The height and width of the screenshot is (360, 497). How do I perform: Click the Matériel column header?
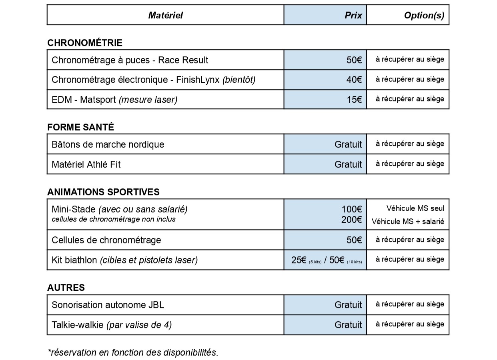165,15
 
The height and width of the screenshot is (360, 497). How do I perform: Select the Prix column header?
353,15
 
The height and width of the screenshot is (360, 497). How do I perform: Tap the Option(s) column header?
424,15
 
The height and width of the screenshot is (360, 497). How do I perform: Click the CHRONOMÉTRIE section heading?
85,43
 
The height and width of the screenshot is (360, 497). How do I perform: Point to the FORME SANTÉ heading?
80,127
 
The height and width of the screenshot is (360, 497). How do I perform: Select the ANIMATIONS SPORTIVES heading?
103,192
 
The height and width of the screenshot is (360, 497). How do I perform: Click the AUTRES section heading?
66,288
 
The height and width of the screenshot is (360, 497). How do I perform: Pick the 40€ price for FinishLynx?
354,80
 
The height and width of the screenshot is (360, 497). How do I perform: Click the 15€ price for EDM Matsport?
354,100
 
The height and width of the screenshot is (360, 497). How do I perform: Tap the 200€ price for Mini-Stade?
351,220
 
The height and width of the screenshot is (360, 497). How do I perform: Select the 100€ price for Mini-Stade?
351,209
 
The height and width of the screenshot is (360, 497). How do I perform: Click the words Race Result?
183,60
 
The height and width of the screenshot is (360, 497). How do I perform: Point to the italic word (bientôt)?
239,80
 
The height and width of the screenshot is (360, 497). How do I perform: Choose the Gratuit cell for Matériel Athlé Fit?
348,164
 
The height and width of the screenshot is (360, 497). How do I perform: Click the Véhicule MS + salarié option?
408,222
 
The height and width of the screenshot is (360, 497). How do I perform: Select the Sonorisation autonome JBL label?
108,305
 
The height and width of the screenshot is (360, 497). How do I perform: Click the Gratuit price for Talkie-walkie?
348,325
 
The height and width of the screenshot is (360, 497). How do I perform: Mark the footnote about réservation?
133,352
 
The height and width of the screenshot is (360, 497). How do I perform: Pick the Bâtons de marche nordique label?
108,144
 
